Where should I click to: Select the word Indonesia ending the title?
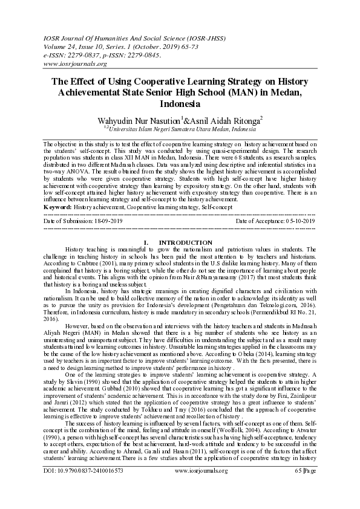pos(180,104)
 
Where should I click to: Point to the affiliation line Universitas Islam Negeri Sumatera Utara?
pos(181,129)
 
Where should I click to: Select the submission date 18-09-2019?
pos(103,220)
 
